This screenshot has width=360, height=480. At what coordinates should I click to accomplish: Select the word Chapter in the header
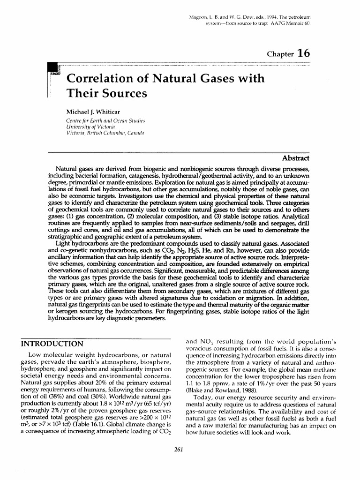(x=280, y=54)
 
